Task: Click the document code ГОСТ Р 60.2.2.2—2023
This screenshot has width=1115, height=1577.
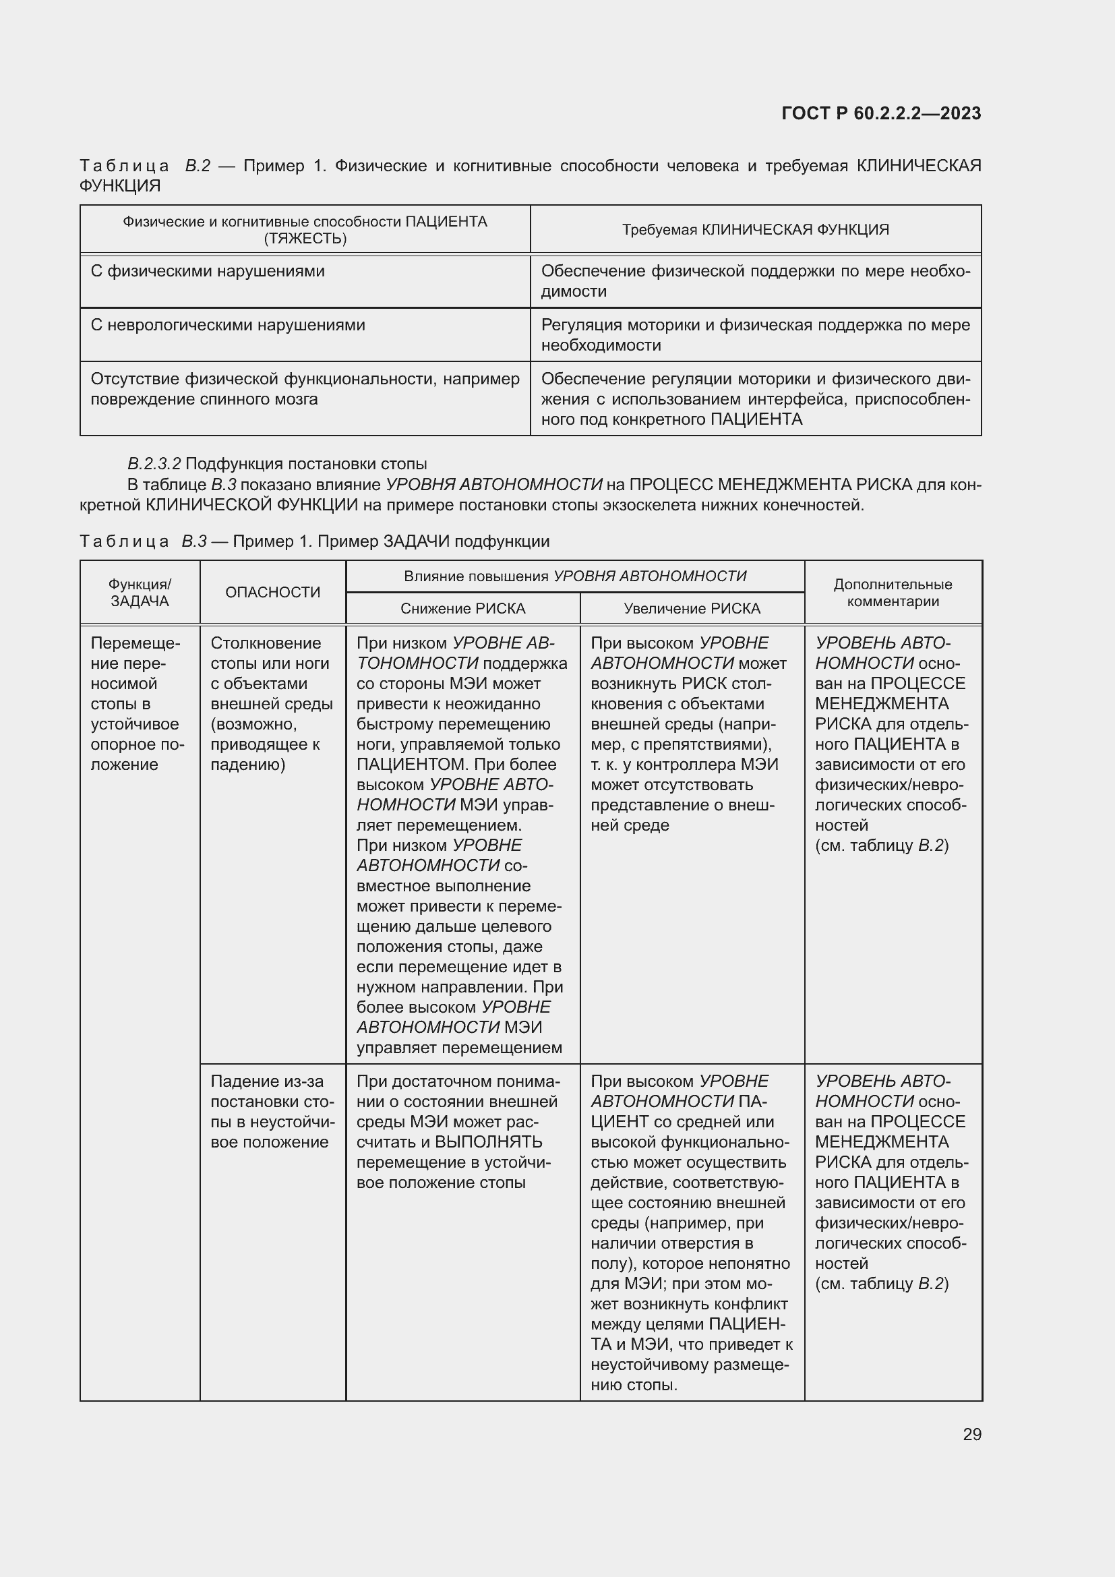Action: (x=881, y=113)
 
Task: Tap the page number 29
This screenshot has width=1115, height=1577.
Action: (x=971, y=1434)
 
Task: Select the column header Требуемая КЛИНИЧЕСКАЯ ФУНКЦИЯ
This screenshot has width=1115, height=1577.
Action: (x=755, y=230)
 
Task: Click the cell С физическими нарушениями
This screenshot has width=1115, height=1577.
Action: (x=208, y=271)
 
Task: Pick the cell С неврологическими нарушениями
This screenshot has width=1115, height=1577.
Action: (x=227, y=325)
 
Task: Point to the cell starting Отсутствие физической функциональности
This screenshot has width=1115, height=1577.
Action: (x=305, y=389)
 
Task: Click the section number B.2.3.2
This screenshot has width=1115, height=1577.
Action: (x=154, y=464)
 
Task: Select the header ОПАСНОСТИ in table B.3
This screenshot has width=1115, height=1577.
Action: (x=272, y=592)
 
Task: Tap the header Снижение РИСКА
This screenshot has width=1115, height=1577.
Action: (x=462, y=609)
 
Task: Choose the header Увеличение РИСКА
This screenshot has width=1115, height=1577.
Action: (x=692, y=609)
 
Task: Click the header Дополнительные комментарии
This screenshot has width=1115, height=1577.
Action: (x=893, y=593)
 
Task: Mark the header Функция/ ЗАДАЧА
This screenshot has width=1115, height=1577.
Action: (x=140, y=593)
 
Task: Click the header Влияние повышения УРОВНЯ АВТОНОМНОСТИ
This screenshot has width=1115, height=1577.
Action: (x=574, y=576)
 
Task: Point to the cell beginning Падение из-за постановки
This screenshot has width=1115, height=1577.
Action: (x=272, y=1111)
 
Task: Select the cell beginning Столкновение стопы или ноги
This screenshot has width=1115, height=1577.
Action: (x=272, y=703)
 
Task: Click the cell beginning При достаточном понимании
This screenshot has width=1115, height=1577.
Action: (x=458, y=1131)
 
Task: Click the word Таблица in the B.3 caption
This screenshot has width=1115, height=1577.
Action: (x=123, y=541)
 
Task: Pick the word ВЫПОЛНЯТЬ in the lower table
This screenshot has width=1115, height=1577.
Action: (x=488, y=1141)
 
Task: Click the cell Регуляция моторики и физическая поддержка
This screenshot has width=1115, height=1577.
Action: (x=755, y=334)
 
